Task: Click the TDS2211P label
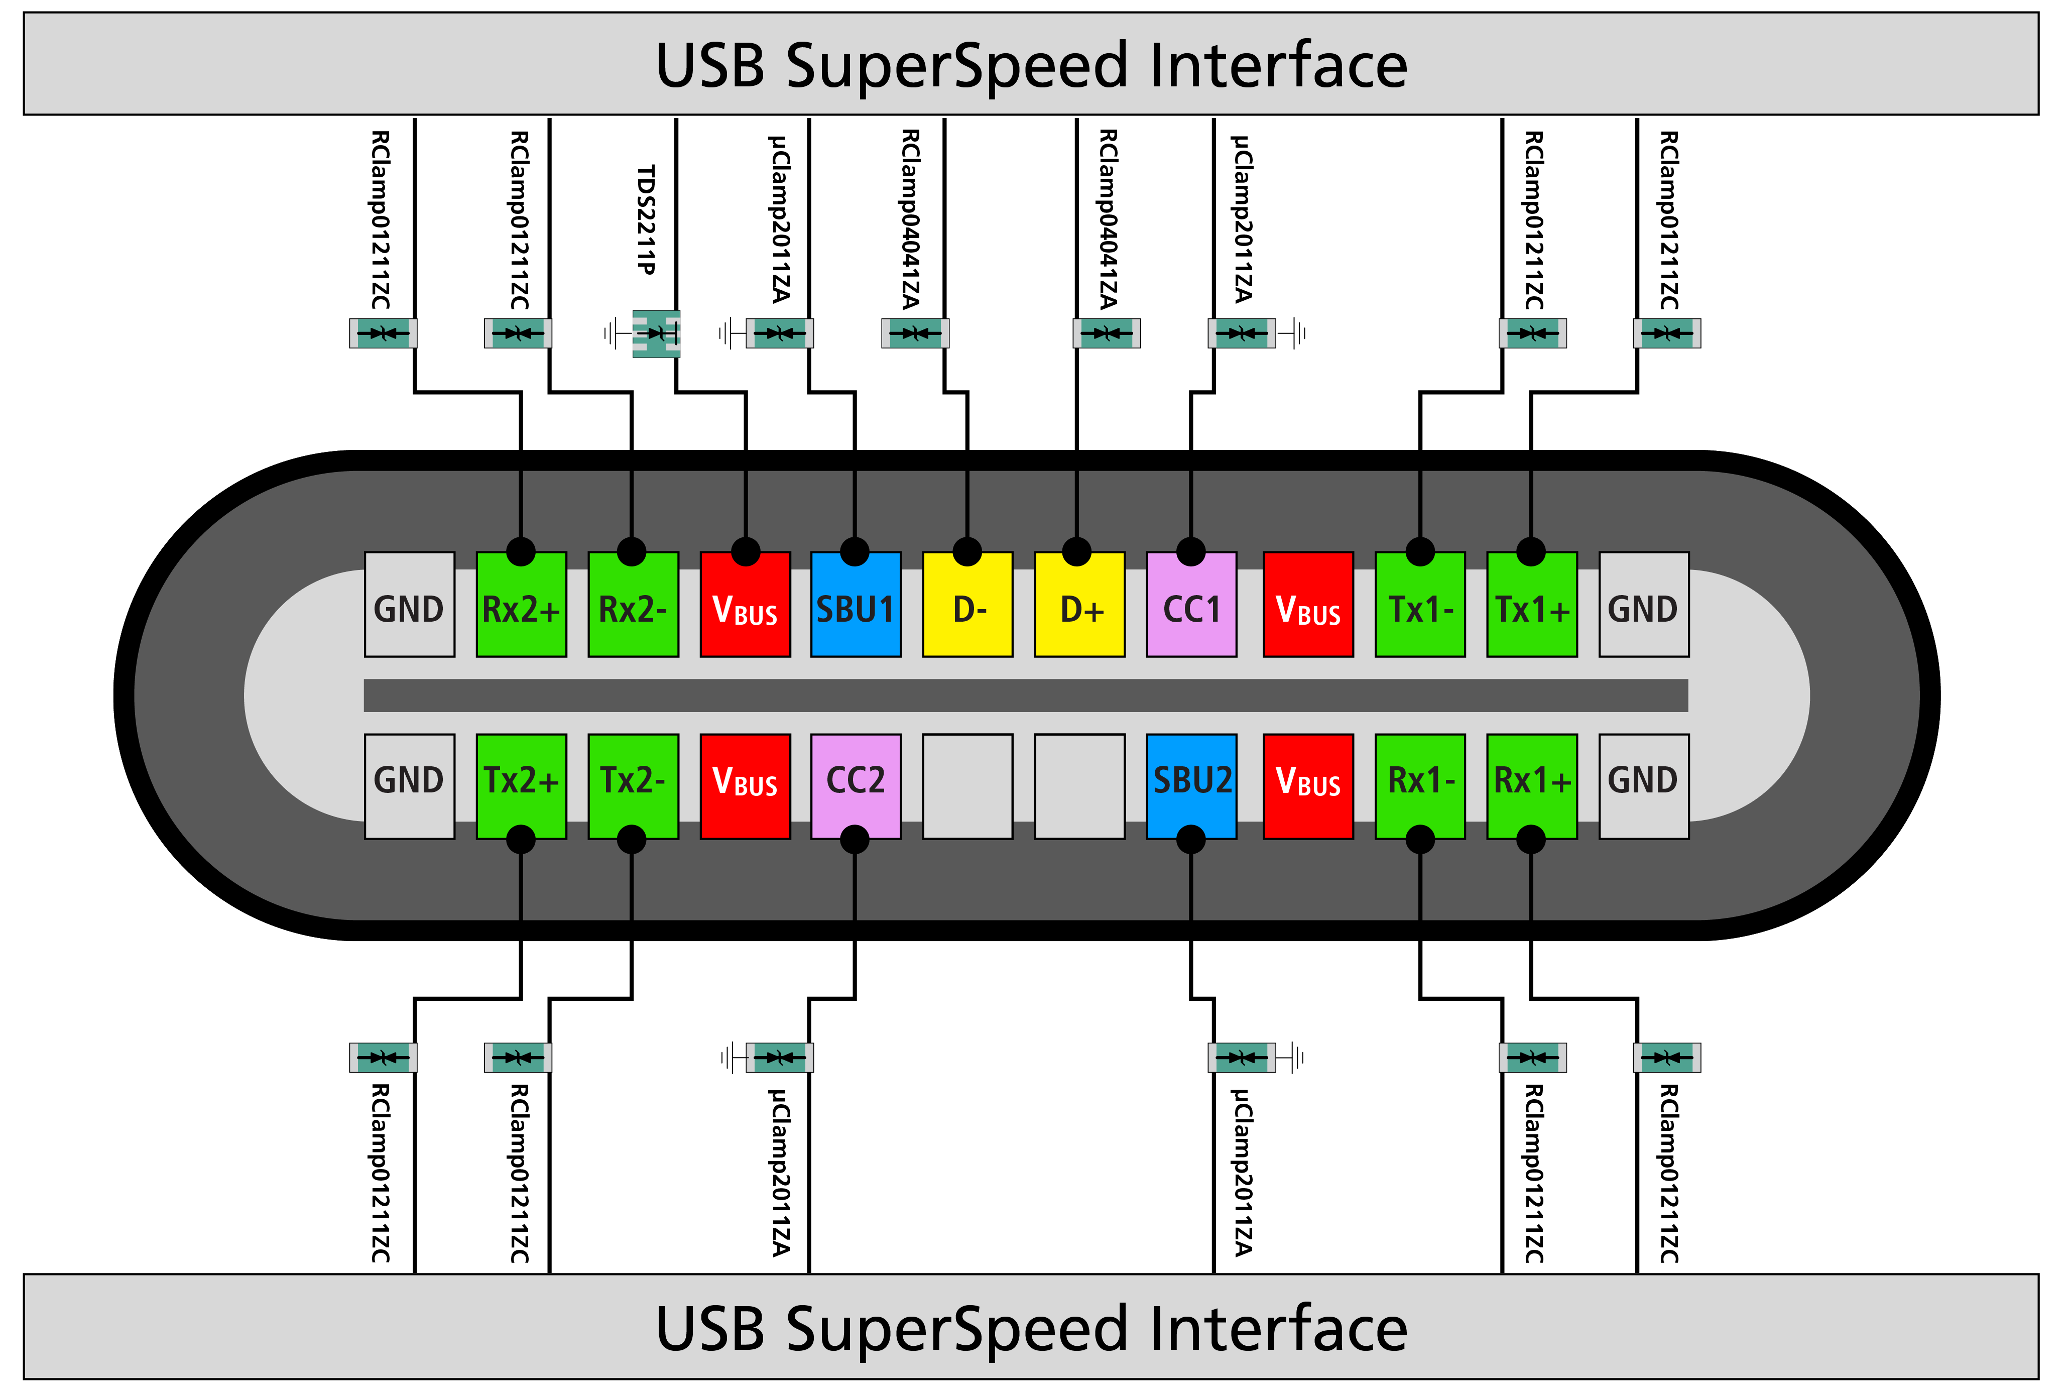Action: [647, 220]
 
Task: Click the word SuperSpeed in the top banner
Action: [958, 66]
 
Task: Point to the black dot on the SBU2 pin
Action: [1190, 838]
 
